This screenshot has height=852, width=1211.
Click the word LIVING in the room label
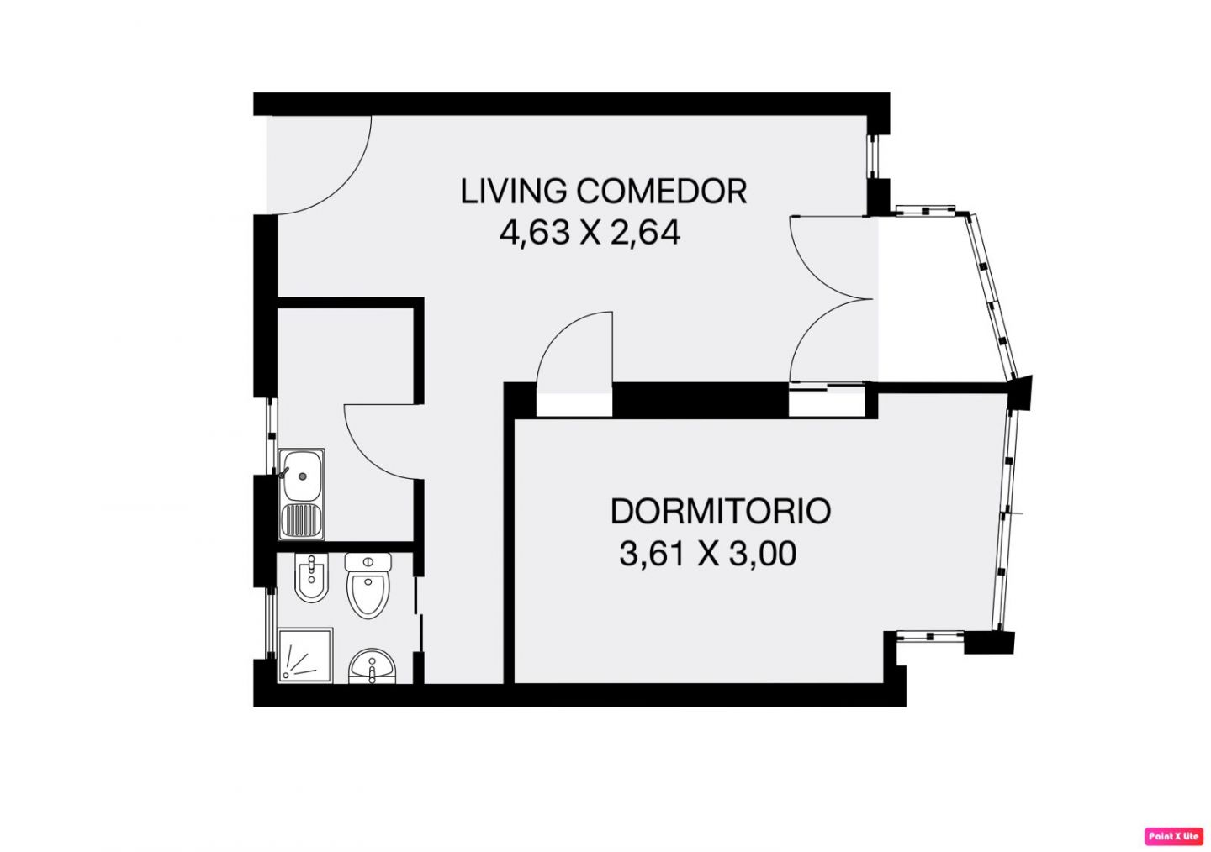click(x=514, y=192)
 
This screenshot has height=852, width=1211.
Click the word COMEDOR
click(x=662, y=192)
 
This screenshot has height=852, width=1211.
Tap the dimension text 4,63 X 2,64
click(x=590, y=234)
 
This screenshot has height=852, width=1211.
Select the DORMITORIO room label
click(x=721, y=511)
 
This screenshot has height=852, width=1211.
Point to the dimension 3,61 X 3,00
click(x=708, y=554)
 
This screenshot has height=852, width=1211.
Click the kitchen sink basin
click(x=302, y=476)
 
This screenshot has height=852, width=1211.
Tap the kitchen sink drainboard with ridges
click(x=302, y=520)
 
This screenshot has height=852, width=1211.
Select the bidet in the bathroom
click(x=311, y=577)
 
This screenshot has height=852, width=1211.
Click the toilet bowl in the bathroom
click(x=368, y=594)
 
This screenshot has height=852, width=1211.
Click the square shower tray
click(x=304, y=655)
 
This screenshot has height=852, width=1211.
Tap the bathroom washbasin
click(x=372, y=666)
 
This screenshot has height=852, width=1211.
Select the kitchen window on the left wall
click(x=272, y=436)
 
